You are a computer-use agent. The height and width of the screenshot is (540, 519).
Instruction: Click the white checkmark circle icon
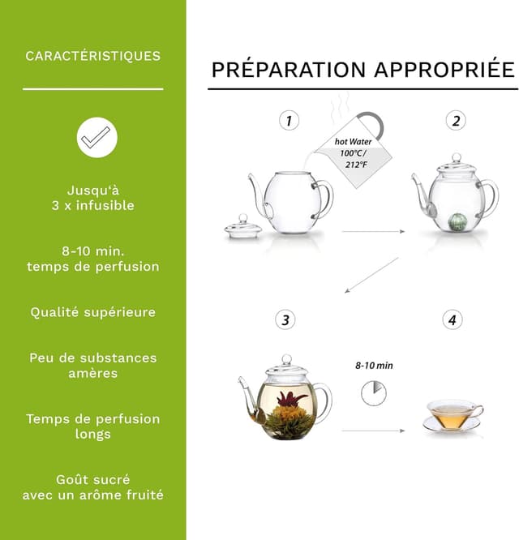pyautogui.click(x=97, y=138)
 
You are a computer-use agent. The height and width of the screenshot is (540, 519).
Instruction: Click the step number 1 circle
pyautogui.click(x=289, y=121)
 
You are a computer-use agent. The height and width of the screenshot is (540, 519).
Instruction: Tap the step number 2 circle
pyautogui.click(x=456, y=121)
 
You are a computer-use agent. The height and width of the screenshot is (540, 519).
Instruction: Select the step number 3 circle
pyautogui.click(x=285, y=319)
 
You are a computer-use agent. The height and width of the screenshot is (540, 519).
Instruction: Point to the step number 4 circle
pyautogui.click(x=453, y=319)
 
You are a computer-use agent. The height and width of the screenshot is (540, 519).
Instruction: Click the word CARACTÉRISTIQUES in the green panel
pyautogui.click(x=93, y=56)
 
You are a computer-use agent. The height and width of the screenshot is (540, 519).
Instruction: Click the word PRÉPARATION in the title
pyautogui.click(x=289, y=70)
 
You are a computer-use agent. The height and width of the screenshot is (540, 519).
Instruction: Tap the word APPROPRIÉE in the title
pyautogui.click(x=444, y=70)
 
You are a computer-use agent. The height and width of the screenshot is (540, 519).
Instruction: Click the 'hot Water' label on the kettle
pyautogui.click(x=353, y=142)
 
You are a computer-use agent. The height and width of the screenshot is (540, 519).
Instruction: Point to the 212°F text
pyautogui.click(x=357, y=165)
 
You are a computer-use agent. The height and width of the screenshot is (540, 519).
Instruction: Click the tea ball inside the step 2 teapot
pyautogui.click(x=457, y=221)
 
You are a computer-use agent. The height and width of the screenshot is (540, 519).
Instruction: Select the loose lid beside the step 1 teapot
pyautogui.click(x=243, y=226)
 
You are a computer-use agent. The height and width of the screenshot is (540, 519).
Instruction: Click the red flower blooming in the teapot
pyautogui.click(x=291, y=400)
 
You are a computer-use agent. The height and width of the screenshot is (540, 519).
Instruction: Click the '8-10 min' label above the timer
pyautogui.click(x=374, y=366)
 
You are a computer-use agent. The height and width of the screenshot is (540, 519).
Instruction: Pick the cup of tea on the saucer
pyautogui.click(x=453, y=416)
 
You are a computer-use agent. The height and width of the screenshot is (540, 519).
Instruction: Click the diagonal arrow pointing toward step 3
pyautogui.click(x=371, y=275)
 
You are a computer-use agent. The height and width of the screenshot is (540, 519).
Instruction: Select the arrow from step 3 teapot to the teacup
pyautogui.click(x=373, y=431)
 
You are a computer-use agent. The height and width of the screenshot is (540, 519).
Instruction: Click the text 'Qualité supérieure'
pyautogui.click(x=93, y=312)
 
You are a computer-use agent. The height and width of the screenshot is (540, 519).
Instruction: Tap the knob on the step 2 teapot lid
pyautogui.click(x=457, y=158)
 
